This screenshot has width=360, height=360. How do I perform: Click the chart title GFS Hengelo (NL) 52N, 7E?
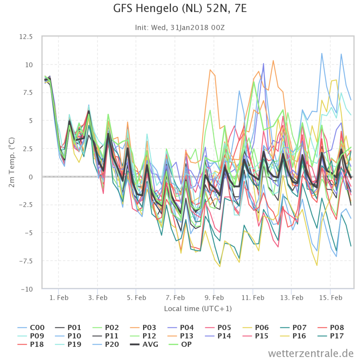(180, 9)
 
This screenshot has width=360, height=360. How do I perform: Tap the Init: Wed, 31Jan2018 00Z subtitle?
(180, 27)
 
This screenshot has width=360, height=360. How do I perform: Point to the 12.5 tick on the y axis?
(26, 37)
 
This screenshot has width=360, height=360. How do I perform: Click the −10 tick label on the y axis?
(27, 289)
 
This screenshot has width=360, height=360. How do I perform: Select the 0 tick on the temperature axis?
(31, 177)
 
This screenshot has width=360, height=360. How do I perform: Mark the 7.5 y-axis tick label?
(27, 93)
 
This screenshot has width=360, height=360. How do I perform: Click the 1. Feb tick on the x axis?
(59, 298)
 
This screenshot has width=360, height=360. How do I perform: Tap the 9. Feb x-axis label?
(214, 298)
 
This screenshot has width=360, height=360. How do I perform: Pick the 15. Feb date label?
(330, 298)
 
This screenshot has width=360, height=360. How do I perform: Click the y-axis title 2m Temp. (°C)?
(12, 162)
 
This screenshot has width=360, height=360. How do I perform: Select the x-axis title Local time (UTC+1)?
(198, 309)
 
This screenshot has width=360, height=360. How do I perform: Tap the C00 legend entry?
(31, 327)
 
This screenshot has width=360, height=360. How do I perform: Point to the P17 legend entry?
(331, 336)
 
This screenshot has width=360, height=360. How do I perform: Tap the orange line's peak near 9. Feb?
(210, 70)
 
